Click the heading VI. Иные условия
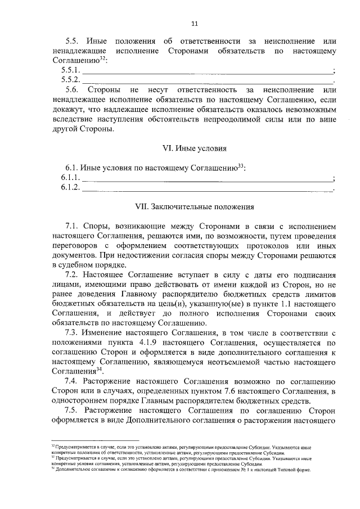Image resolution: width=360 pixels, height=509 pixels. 195,148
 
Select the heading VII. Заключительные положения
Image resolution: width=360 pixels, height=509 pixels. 195,206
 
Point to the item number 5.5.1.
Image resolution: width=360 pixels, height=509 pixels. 71,70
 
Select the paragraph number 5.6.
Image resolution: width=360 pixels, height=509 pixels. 73,89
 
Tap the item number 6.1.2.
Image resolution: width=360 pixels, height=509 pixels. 71,188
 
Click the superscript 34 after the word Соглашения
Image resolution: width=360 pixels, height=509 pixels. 99,368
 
